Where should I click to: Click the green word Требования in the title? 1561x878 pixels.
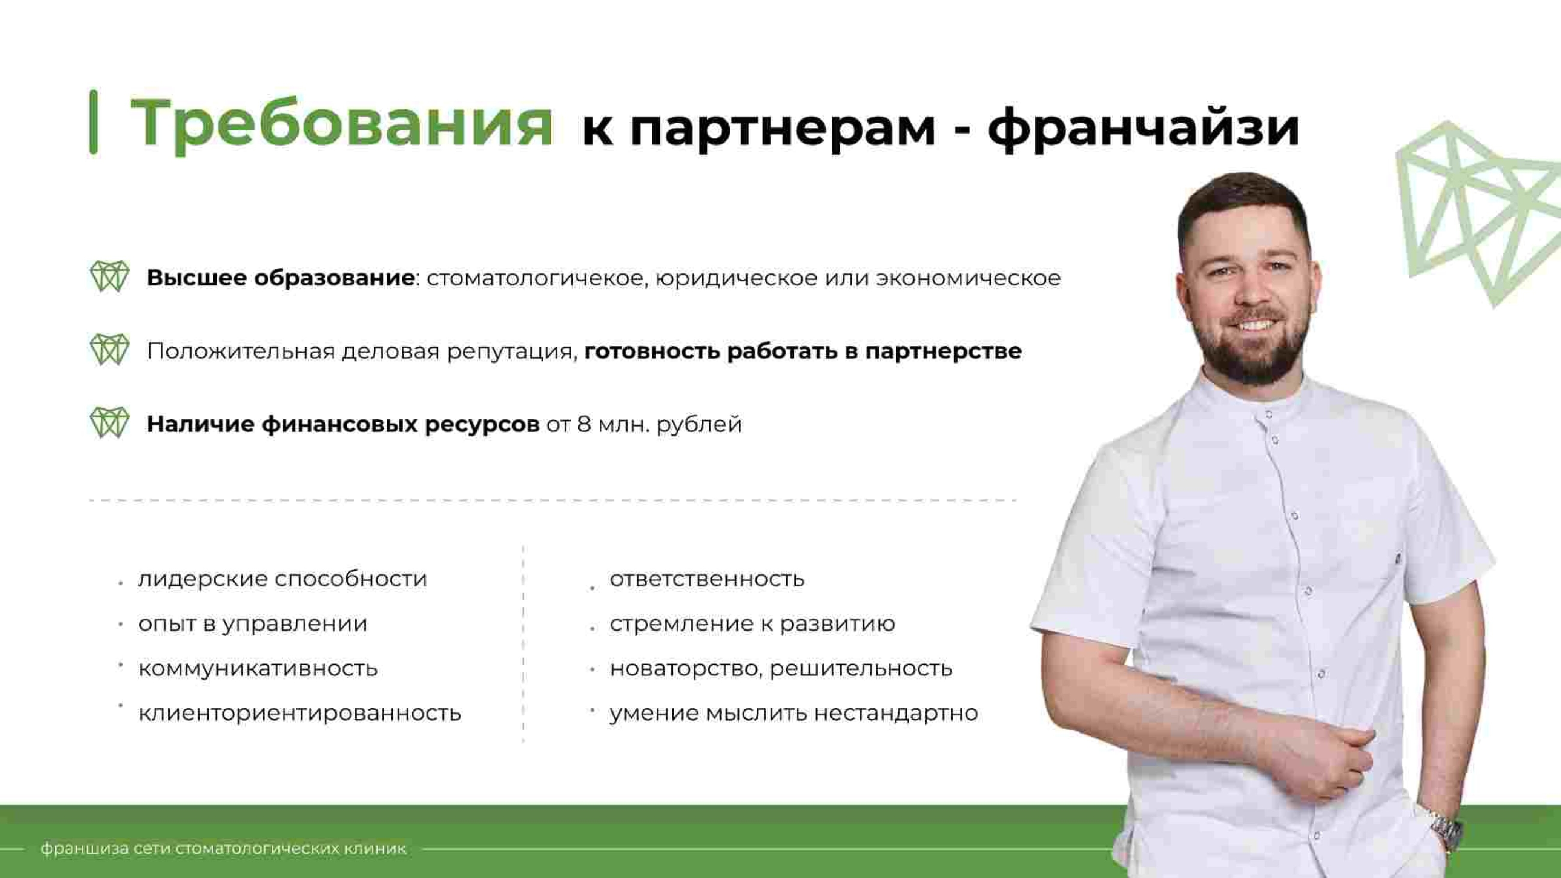341,124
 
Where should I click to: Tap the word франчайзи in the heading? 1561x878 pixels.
1143,127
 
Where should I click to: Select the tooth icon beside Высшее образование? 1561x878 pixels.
110,277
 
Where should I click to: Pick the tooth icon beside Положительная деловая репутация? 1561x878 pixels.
110,350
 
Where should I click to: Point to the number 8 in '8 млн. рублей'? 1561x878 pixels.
583,424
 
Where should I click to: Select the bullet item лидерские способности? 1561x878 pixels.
283,579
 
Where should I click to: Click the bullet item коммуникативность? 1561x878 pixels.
258,668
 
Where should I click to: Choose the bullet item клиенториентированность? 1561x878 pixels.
299,713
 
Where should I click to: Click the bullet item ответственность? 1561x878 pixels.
707,579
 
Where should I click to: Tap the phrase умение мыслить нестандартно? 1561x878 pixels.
793,713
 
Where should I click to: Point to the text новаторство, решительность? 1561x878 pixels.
780,668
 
